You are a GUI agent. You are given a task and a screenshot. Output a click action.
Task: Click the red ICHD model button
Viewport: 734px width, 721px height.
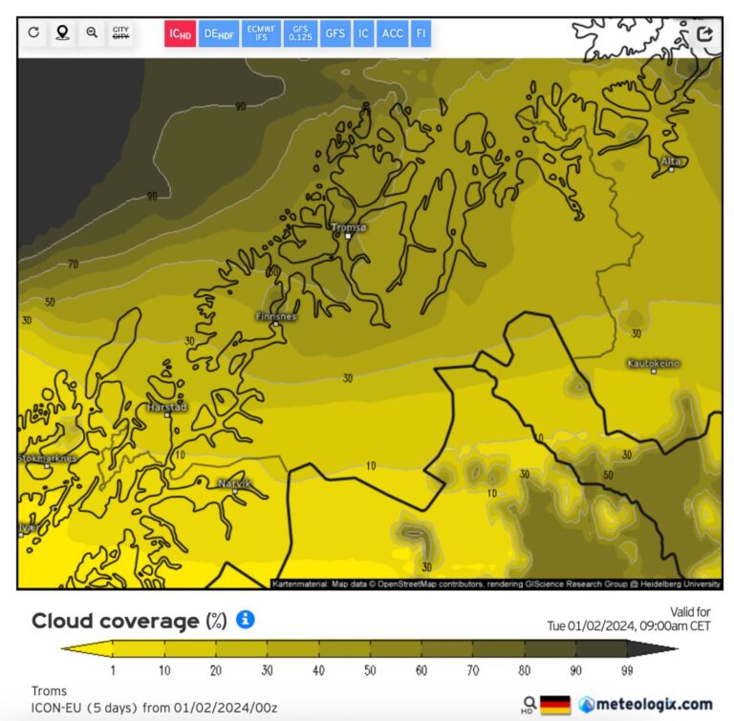pyautogui.click(x=180, y=33)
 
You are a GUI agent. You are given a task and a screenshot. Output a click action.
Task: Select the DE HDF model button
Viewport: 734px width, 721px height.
pyautogui.click(x=219, y=33)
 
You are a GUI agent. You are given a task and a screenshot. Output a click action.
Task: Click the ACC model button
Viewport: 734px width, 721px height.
pyautogui.click(x=392, y=33)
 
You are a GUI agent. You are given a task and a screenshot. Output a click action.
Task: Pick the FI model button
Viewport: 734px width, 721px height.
pyautogui.click(x=421, y=33)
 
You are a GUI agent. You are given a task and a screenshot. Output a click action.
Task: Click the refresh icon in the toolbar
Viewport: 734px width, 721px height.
pyautogui.click(x=34, y=33)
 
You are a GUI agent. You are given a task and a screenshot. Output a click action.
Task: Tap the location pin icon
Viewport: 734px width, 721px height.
pyautogui.click(x=62, y=33)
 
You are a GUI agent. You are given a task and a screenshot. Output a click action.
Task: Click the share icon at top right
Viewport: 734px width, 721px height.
pyautogui.click(x=705, y=33)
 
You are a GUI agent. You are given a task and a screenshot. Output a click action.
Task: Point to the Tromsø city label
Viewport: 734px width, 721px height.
pyautogui.click(x=348, y=227)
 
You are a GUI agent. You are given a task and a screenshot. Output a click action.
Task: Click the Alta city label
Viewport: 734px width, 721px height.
pyautogui.click(x=672, y=161)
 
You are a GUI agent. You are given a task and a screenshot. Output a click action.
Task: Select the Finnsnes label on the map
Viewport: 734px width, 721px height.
pyautogui.click(x=276, y=316)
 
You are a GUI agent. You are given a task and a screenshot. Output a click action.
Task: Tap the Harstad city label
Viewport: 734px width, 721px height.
pyautogui.click(x=167, y=407)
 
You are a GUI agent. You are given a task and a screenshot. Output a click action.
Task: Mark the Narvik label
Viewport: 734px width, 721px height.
pyautogui.click(x=235, y=484)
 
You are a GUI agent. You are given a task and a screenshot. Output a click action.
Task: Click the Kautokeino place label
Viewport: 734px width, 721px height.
pyautogui.click(x=654, y=364)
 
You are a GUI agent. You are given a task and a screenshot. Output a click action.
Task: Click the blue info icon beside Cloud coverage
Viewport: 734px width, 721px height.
pyautogui.click(x=245, y=620)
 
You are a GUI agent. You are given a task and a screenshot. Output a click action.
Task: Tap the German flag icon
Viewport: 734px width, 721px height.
pyautogui.click(x=555, y=705)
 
